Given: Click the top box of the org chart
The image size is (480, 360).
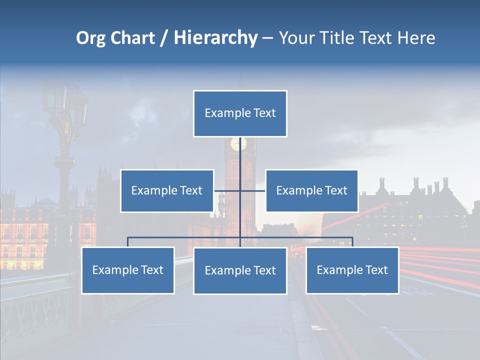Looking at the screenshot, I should [x=240, y=113].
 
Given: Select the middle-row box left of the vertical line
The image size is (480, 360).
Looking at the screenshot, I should [x=167, y=190].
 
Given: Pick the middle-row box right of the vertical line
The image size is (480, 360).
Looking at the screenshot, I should [x=311, y=190].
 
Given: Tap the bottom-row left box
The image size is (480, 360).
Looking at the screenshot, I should [x=127, y=270].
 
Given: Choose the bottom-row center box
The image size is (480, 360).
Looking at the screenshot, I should [x=240, y=270].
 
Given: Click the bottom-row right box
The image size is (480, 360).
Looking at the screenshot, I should [x=352, y=270].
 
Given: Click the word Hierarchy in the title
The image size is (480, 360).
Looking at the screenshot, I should [x=215, y=38].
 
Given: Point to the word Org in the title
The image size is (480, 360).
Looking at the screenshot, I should [x=91, y=38].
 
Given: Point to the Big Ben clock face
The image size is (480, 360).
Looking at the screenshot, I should [x=238, y=144].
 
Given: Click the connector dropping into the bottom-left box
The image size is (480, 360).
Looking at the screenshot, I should [x=127, y=242].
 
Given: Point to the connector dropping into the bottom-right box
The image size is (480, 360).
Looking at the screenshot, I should [x=352, y=242].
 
